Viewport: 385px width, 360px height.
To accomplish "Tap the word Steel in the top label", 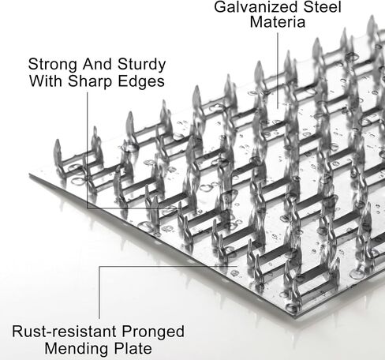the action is (x=323, y=6).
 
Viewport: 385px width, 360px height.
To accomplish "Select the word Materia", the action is (x=278, y=21).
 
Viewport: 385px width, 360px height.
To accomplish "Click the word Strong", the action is (x=53, y=65).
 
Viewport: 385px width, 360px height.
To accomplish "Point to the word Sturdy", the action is (x=142, y=65).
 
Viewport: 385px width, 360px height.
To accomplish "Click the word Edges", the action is (x=141, y=81).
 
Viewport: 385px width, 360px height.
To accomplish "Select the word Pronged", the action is (x=153, y=332).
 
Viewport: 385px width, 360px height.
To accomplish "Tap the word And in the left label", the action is (x=98, y=64).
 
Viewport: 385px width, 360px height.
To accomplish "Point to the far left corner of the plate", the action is (x=30, y=174).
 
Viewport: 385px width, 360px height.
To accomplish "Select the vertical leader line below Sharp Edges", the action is (x=88, y=150).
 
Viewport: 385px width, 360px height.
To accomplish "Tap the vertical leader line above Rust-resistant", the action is (x=99, y=292).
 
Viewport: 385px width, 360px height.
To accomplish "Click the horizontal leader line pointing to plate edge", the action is (x=168, y=266).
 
